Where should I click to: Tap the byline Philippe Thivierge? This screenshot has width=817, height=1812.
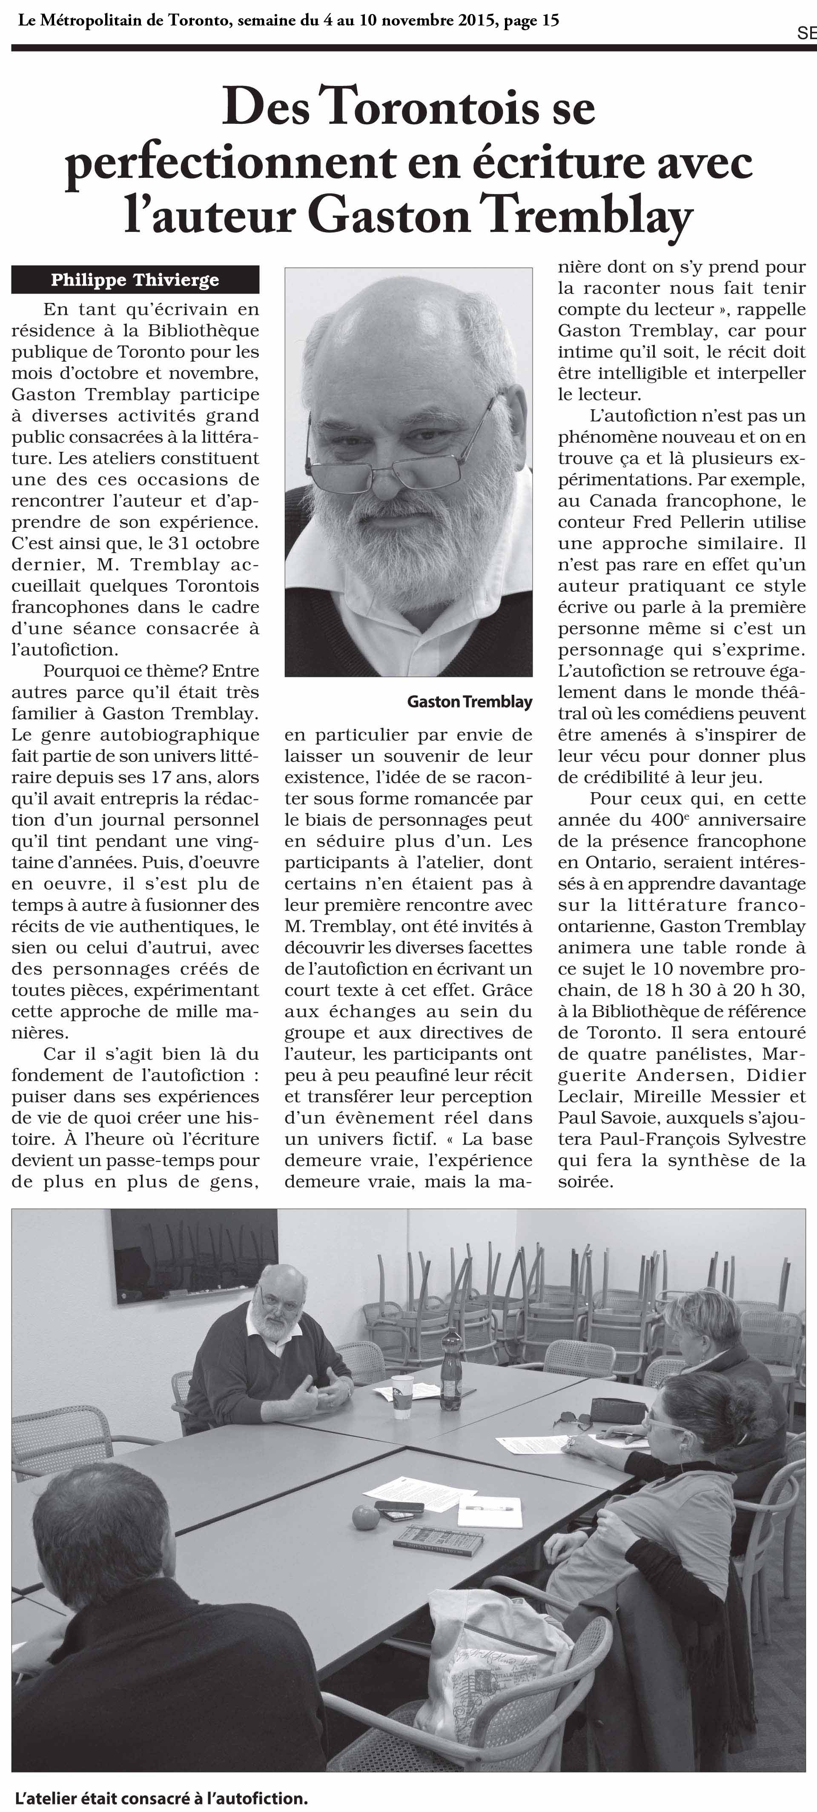pyautogui.click(x=135, y=280)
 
